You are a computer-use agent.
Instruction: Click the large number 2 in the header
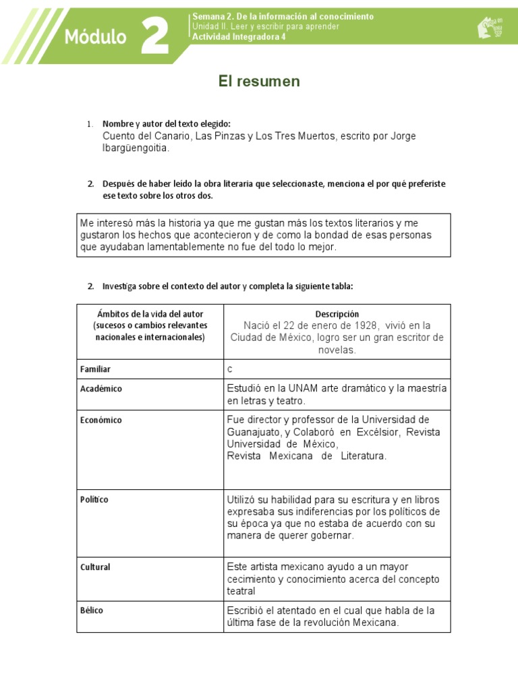point(155,36)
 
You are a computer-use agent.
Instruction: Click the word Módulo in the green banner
point(95,37)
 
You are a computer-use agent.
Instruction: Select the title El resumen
point(259,82)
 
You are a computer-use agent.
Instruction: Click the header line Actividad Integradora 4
point(239,37)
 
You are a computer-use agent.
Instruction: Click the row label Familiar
point(95,369)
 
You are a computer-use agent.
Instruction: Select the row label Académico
point(101,389)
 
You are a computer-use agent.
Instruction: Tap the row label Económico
point(101,420)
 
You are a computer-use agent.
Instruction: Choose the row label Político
point(94,499)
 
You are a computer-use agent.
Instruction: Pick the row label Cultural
point(95,567)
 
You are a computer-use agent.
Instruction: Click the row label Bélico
point(92,610)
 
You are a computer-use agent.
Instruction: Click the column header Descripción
point(337,314)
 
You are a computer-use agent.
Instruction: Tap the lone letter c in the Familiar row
point(229,369)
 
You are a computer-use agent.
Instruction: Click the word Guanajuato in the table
point(254,432)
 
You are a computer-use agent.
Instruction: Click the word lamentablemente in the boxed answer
point(181,247)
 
